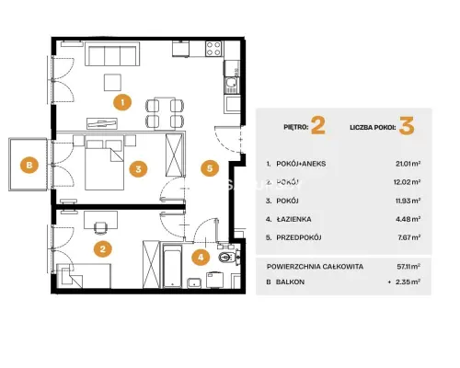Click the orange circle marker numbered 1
click(122, 102)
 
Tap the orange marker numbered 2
click(103, 248)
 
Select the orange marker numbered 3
click(138, 169)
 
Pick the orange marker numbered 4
click(201, 257)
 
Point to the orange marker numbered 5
click(210, 168)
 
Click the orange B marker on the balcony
click(29, 165)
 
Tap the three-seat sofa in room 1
click(112, 54)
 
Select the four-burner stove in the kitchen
click(213, 49)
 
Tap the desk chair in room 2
click(100, 228)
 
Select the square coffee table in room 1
click(112, 82)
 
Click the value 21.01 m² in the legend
click(408, 164)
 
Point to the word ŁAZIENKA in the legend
click(293, 219)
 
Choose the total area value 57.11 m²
click(408, 267)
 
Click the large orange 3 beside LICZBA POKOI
click(407, 126)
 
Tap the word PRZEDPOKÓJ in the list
click(299, 237)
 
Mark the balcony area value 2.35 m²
click(408, 282)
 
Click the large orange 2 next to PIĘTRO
click(318, 126)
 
